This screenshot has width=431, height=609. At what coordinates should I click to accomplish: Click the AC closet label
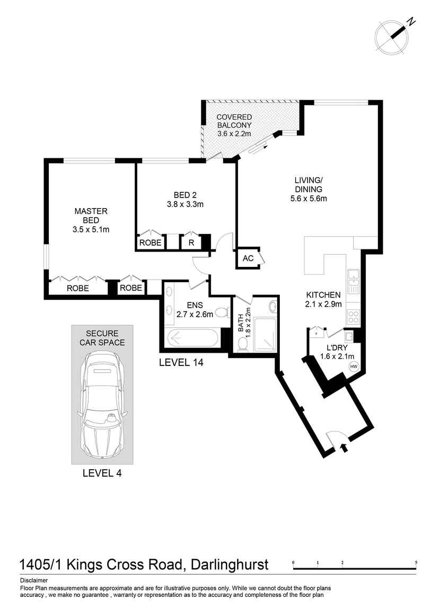[x=248, y=258]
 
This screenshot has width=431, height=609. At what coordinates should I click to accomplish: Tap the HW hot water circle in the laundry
[x=354, y=366]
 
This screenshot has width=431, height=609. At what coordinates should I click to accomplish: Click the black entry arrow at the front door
[x=344, y=447]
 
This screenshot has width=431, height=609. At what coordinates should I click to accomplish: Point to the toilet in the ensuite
[x=222, y=312]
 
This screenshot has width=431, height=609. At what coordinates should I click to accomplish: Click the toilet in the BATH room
[x=243, y=344]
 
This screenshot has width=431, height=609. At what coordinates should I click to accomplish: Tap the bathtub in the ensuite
[x=192, y=338]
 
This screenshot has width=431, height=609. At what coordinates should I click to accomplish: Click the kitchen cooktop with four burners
[x=354, y=317]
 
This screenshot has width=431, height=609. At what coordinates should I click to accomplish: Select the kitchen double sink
[x=354, y=281]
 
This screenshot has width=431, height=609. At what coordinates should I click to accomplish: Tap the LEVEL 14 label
[x=181, y=363]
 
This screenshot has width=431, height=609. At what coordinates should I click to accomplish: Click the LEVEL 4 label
[x=102, y=473]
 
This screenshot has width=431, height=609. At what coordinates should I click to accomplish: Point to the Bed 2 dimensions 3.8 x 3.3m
[x=185, y=204]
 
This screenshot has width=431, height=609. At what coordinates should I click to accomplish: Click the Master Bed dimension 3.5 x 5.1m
[x=91, y=229]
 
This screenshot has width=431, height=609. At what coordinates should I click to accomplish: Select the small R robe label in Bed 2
[x=191, y=243]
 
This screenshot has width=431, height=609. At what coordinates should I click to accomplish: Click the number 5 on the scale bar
[x=416, y=562]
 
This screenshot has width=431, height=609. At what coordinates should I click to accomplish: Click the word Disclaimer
[x=34, y=580]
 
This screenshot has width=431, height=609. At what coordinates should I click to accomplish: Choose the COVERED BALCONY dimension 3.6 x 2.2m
[x=234, y=133]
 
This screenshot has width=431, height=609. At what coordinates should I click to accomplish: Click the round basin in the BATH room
[x=272, y=307]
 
